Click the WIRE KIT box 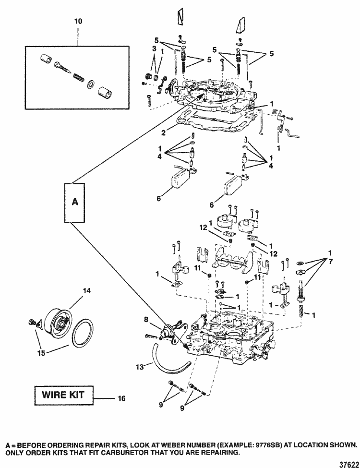coord(63,395)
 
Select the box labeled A coord(74,203)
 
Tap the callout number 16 coord(121,398)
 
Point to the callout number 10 coord(78,22)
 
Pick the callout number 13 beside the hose coord(140,366)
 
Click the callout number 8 coord(146,319)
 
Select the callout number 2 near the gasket coord(163,132)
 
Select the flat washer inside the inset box coord(90,84)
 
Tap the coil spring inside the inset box coord(79,79)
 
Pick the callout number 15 coord(41,353)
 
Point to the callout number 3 coord(155,48)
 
